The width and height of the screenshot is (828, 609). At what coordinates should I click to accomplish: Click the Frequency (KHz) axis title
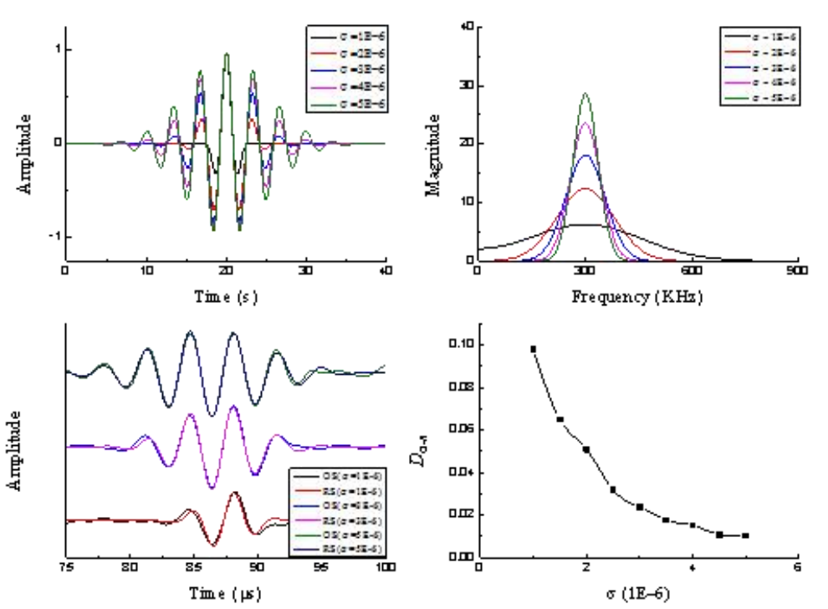pyautogui.click(x=636, y=296)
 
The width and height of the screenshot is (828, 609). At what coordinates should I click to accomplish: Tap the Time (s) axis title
pyautogui.click(x=225, y=296)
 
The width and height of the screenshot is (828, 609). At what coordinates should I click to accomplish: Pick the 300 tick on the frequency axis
pyautogui.click(x=585, y=273)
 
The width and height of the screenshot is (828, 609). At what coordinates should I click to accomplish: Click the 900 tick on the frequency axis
pyautogui.click(x=798, y=273)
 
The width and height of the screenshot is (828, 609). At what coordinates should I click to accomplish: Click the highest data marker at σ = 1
pyautogui.click(x=533, y=349)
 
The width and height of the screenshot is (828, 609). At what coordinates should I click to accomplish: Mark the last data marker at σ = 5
pyautogui.click(x=745, y=535)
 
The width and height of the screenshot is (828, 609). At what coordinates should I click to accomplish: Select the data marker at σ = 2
pyautogui.click(x=586, y=449)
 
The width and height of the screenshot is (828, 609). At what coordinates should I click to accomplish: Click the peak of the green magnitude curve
pyautogui.click(x=585, y=94)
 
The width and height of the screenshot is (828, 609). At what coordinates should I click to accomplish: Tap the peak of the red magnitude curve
pyautogui.click(x=585, y=189)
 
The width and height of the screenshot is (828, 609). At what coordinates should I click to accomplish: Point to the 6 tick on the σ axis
pyautogui.click(x=798, y=568)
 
